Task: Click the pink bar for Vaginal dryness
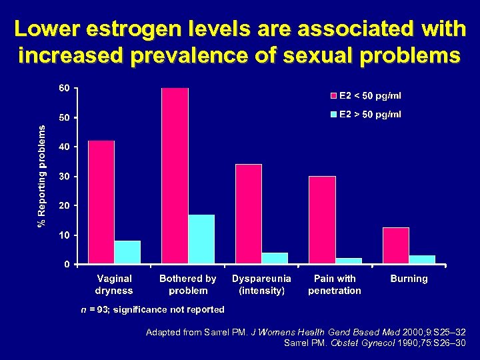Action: (x=101, y=202)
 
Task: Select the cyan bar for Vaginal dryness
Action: (x=127, y=252)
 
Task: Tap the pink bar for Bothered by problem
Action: (x=175, y=175)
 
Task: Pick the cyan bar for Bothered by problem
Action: (x=201, y=239)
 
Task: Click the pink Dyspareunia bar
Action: (x=249, y=213)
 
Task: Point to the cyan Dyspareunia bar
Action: (x=275, y=258)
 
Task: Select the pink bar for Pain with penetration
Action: (x=323, y=219)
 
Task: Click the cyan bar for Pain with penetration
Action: (x=349, y=261)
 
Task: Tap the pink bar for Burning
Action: (x=396, y=245)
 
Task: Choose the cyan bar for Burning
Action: (x=422, y=259)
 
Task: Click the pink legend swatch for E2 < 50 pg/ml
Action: (x=334, y=96)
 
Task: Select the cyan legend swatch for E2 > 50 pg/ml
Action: (x=334, y=115)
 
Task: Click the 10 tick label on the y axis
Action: (x=65, y=235)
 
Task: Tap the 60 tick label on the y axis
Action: (x=65, y=89)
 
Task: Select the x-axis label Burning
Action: (x=409, y=279)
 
